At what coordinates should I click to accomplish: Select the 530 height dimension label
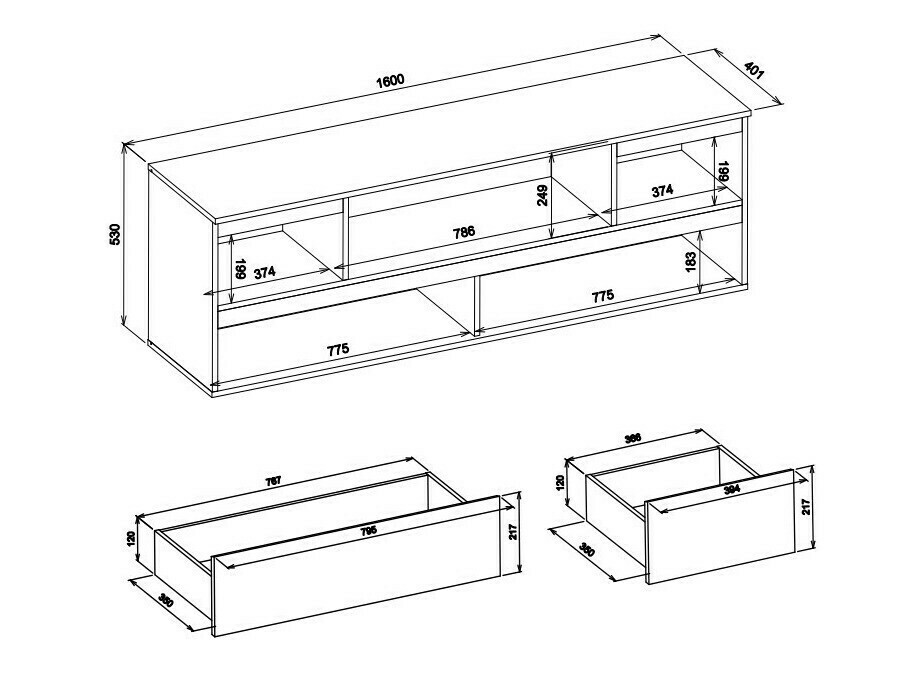[x=114, y=235]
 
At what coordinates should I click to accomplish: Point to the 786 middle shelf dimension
[x=463, y=232]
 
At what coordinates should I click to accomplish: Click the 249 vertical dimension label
[x=543, y=195]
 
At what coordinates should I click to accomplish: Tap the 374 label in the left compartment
[x=264, y=271]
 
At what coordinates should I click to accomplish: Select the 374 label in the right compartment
[x=662, y=190]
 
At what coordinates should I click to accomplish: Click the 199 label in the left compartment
[x=240, y=270]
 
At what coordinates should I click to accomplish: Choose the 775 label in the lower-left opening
[x=339, y=349]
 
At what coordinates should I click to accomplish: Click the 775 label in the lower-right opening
[x=602, y=296]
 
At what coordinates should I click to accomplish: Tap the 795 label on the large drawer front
[x=370, y=533]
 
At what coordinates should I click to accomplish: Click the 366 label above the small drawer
[x=632, y=438]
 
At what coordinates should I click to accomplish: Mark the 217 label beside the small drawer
[x=807, y=507]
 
